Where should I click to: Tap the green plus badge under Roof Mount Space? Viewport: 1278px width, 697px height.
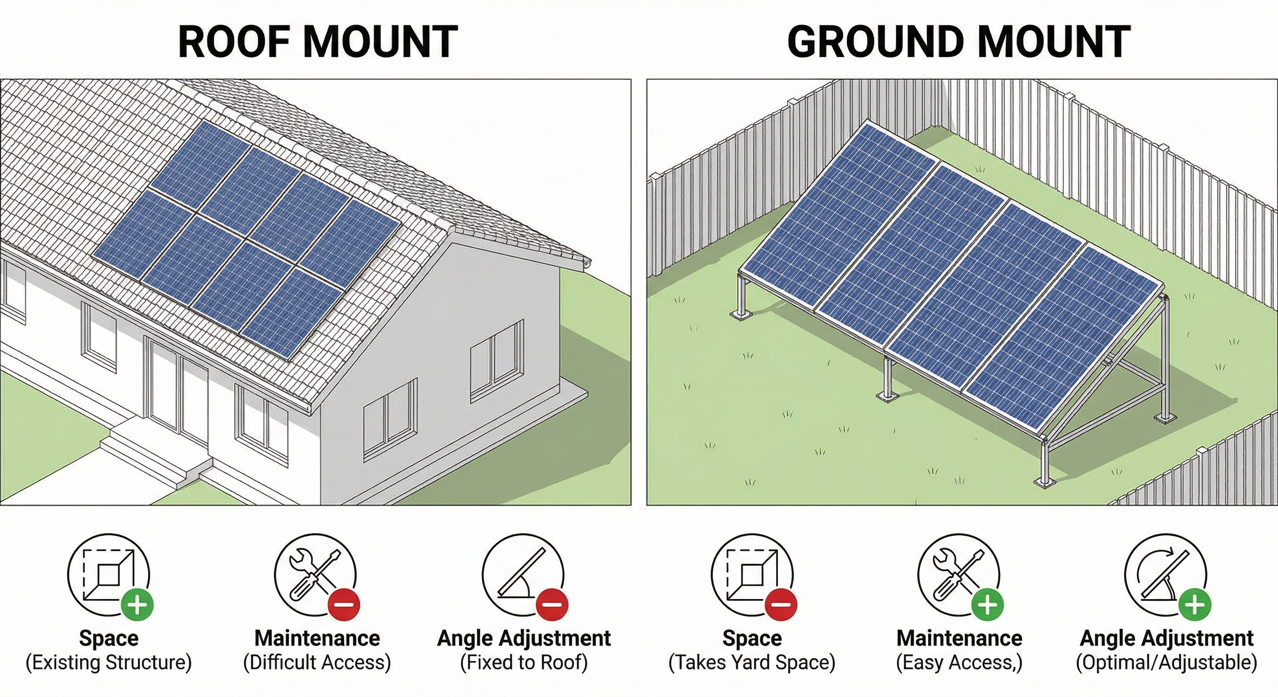[x=138, y=605]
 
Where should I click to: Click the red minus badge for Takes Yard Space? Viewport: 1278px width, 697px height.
[x=781, y=605]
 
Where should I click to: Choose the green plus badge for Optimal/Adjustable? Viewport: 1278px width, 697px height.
[x=1194, y=605]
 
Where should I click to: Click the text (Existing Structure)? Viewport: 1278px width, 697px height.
[x=108, y=663]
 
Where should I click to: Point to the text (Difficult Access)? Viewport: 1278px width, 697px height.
[x=317, y=663]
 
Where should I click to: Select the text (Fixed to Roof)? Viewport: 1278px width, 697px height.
[x=524, y=663]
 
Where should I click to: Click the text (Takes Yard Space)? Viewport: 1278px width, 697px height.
[x=752, y=663]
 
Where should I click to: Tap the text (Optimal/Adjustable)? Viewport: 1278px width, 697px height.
[x=1166, y=663]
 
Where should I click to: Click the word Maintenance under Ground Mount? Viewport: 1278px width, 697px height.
[x=959, y=638]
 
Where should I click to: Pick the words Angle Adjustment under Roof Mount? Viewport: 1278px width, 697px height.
[x=524, y=638]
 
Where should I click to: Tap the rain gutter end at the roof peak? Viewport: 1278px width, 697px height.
[x=587, y=263]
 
